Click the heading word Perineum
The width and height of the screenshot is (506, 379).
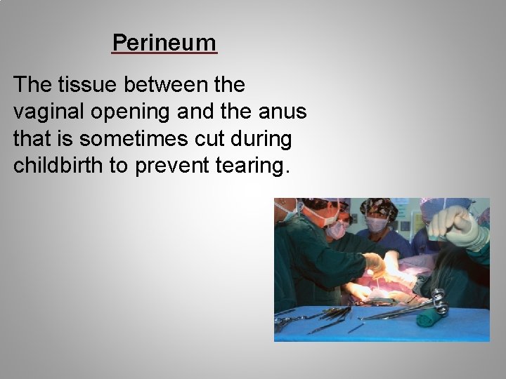coord(164,43)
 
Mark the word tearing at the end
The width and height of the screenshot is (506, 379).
coord(254,166)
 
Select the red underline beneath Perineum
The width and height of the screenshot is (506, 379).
coord(164,53)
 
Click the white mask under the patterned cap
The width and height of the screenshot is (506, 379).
coord(377,225)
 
